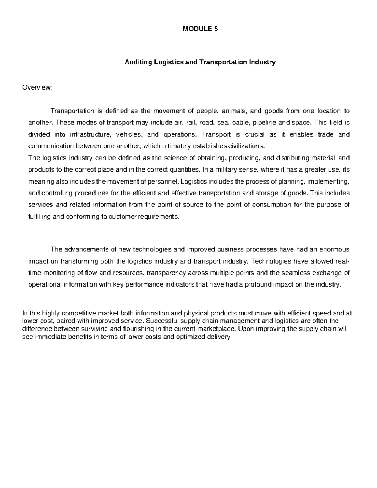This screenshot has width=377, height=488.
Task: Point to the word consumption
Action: click(x=271, y=205)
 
